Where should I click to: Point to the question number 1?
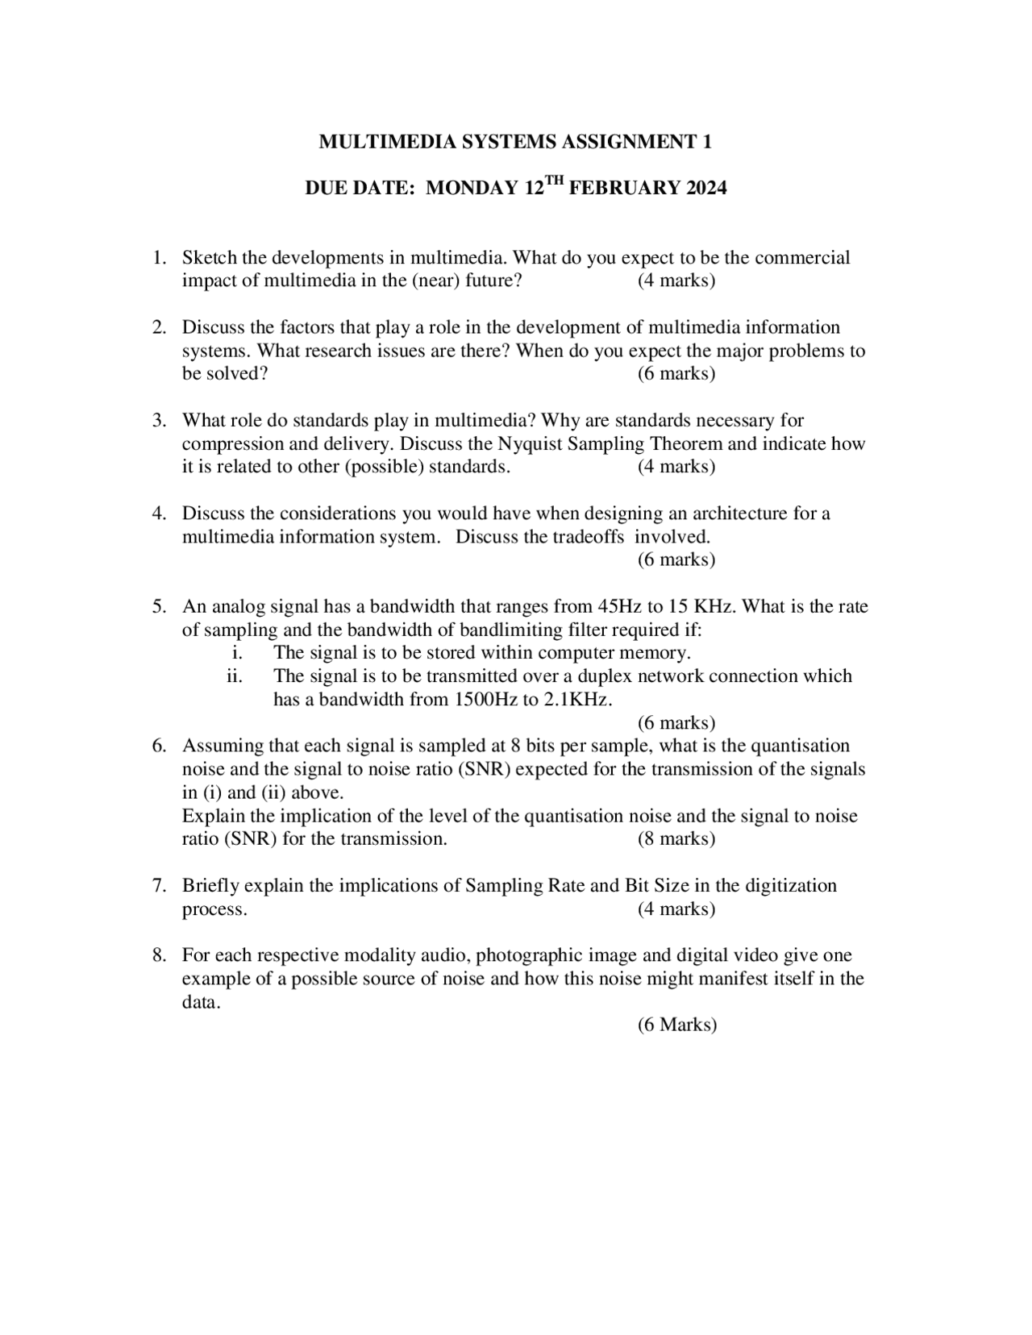tap(159, 258)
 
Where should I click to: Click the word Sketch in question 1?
tap(209, 258)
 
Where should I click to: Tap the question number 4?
tap(159, 514)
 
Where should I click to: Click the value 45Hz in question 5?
tap(618, 606)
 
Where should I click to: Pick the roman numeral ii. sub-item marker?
tap(235, 676)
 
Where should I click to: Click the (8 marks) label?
tap(676, 839)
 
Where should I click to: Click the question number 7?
tap(159, 886)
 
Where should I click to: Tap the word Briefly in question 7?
tap(210, 886)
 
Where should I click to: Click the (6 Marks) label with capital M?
tap(677, 1025)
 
